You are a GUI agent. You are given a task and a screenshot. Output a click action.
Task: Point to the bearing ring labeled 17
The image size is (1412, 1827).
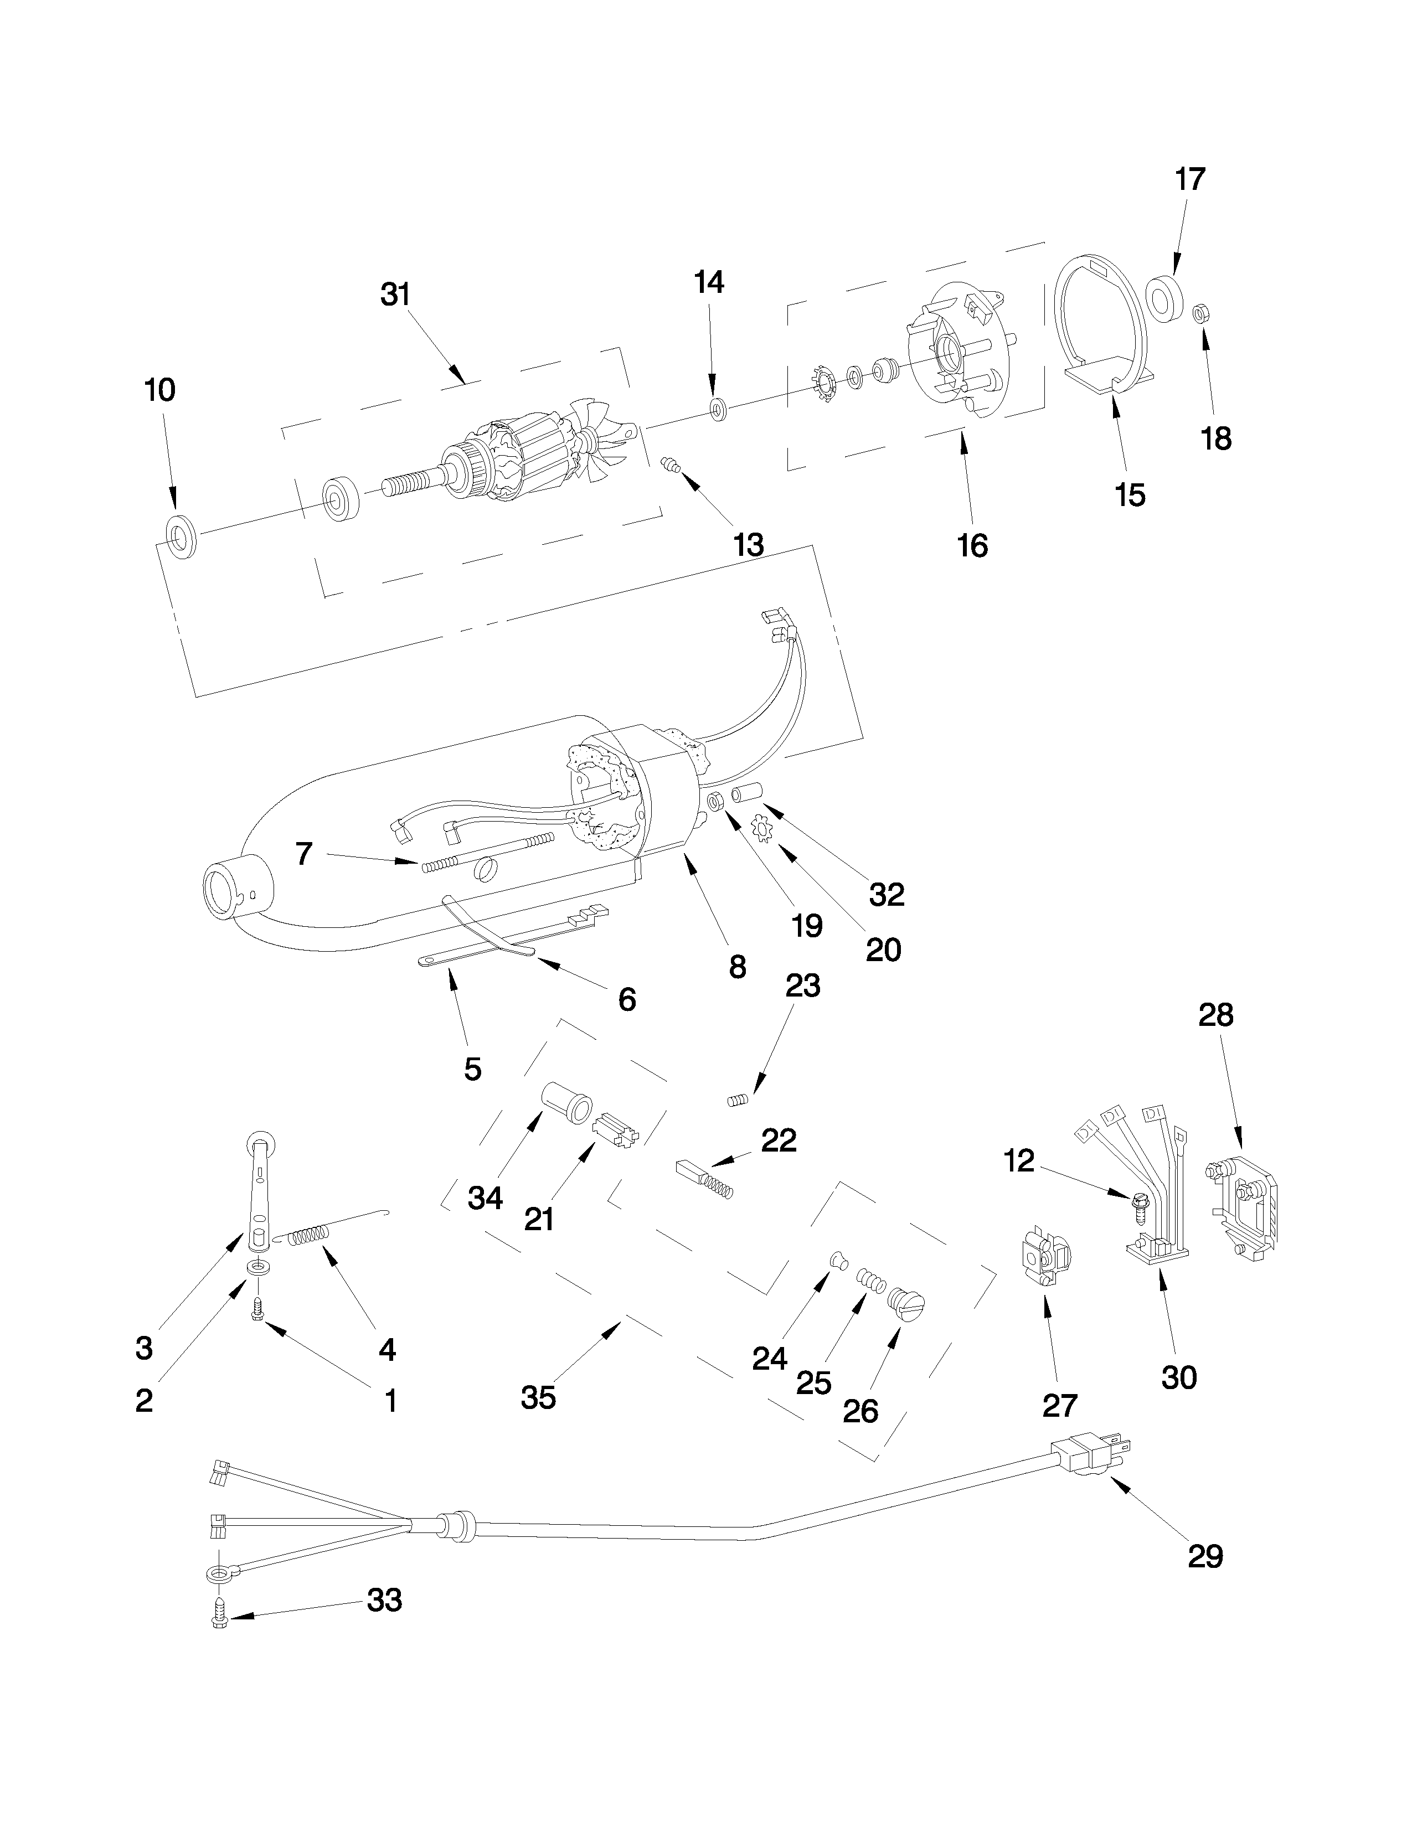(1162, 296)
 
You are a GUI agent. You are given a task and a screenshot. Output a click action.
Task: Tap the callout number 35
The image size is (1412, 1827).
(538, 1397)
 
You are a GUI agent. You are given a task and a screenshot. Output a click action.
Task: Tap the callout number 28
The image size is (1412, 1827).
(1215, 1015)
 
